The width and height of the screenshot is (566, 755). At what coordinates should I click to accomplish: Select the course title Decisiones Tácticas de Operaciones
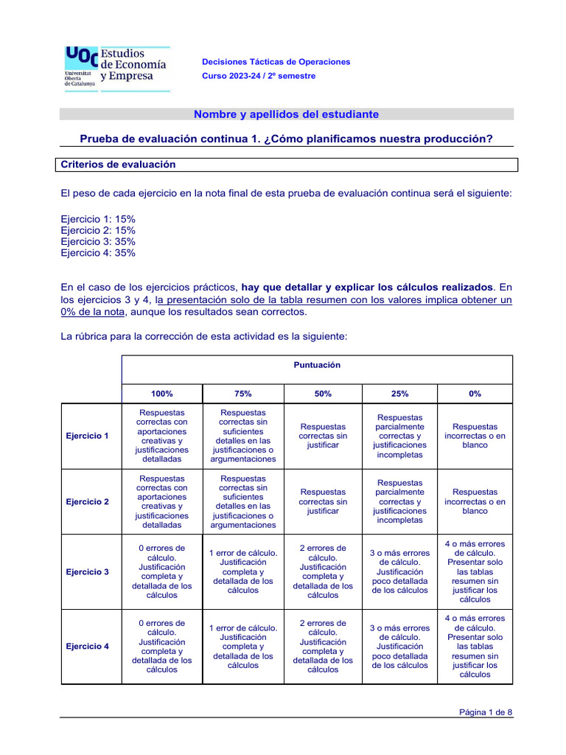pyautogui.click(x=276, y=62)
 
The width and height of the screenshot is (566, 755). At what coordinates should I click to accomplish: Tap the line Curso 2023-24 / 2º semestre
pyautogui.click(x=259, y=76)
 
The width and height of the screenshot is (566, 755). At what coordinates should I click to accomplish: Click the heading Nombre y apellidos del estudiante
pyautogui.click(x=286, y=114)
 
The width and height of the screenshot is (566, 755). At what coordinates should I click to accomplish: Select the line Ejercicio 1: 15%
pyautogui.click(x=98, y=219)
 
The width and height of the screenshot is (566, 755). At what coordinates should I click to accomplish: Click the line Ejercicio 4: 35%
pyautogui.click(x=98, y=253)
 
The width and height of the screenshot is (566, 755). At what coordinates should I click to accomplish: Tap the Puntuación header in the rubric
pyautogui.click(x=317, y=365)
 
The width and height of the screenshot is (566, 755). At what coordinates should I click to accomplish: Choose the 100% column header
pyautogui.click(x=162, y=394)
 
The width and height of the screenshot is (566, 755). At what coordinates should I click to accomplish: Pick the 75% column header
pyautogui.click(x=243, y=394)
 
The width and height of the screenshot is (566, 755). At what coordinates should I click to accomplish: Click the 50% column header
pyautogui.click(x=323, y=394)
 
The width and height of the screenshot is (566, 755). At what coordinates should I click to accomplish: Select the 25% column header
pyautogui.click(x=399, y=394)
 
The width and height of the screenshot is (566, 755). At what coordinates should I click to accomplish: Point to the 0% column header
pyautogui.click(x=475, y=394)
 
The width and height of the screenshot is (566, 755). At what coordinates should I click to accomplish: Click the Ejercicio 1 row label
pyautogui.click(x=88, y=436)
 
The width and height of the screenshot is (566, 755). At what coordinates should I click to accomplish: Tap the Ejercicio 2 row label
pyautogui.click(x=88, y=501)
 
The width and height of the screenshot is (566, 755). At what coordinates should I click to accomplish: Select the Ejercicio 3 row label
pyautogui.click(x=88, y=571)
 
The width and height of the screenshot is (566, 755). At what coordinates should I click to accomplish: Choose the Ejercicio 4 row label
pyautogui.click(x=88, y=646)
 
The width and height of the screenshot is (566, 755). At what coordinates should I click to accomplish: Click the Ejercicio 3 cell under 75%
pyautogui.click(x=243, y=571)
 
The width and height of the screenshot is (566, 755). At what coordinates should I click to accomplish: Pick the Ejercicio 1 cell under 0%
pyautogui.click(x=475, y=436)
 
